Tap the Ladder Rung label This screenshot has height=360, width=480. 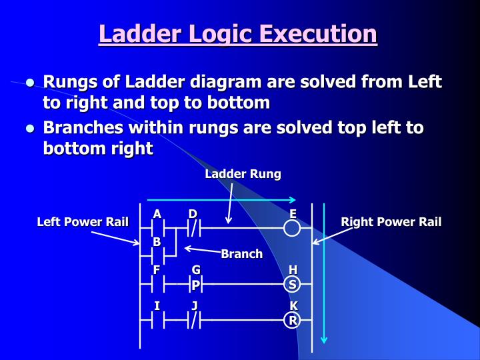point(243,174)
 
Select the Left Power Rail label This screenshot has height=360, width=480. point(82,222)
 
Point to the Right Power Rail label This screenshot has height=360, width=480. point(391,222)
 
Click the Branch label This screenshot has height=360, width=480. point(241,254)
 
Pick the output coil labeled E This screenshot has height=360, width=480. point(292,229)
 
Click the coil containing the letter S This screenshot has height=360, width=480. point(292,285)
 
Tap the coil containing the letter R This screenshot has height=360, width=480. point(292,321)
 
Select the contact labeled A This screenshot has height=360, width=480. point(157,229)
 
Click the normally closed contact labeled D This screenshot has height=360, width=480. point(194,229)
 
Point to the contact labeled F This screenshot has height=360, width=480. point(157,285)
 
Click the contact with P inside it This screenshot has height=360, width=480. point(195,285)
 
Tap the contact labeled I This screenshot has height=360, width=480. point(157,321)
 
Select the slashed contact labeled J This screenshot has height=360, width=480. point(194,321)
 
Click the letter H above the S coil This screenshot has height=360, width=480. point(293,270)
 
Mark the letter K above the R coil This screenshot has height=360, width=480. point(293,306)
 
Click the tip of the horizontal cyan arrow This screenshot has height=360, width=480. point(294,199)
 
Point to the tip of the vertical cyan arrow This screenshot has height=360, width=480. point(324,341)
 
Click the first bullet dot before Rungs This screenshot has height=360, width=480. point(30,84)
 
